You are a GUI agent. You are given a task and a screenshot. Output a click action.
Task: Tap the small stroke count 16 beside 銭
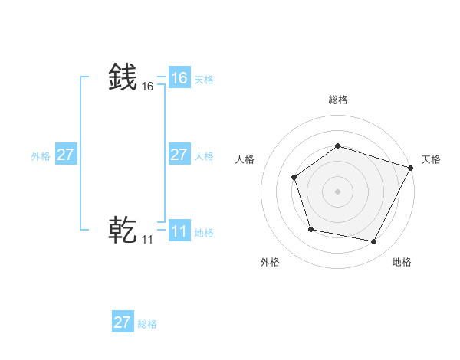[x=147, y=87]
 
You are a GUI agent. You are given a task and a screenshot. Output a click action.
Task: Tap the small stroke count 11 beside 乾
[x=147, y=240]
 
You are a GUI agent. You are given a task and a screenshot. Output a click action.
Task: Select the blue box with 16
[x=179, y=78]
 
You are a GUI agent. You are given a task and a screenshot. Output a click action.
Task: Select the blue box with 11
[x=179, y=231]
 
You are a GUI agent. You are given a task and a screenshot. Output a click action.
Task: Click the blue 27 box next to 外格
[x=65, y=155]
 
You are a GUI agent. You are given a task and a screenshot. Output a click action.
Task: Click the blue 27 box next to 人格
[x=179, y=155]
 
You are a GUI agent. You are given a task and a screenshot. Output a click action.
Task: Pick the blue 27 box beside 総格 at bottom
[x=122, y=322]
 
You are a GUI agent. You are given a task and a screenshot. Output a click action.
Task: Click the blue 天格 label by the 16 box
[x=204, y=79]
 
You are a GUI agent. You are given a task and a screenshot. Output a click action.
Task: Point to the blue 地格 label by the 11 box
[x=204, y=232]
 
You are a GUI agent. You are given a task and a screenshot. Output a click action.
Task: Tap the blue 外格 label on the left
[x=41, y=155]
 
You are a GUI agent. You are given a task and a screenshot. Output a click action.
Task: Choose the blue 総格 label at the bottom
[x=147, y=323]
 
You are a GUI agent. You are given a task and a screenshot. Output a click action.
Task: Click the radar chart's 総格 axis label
[x=337, y=100]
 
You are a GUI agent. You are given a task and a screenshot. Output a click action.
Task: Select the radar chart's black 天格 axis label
[x=431, y=159]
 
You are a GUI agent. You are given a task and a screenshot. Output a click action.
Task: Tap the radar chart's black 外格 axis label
[x=270, y=262]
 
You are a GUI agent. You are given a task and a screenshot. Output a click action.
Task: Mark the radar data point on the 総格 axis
[x=337, y=146]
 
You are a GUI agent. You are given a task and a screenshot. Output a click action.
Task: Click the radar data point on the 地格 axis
[x=373, y=241]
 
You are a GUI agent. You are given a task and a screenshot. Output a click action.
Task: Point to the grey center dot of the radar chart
[x=337, y=191]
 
